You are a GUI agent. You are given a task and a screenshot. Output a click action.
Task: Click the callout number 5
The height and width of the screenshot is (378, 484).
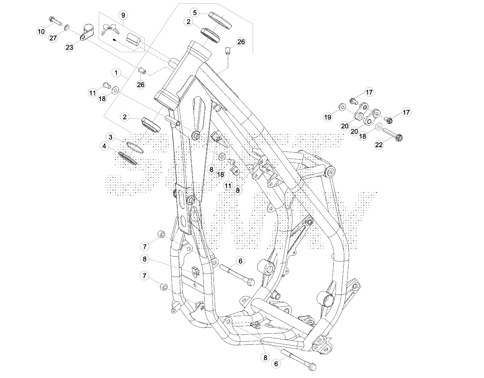tap(195, 13)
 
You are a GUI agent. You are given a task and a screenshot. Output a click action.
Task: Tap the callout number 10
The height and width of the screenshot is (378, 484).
tap(41, 32)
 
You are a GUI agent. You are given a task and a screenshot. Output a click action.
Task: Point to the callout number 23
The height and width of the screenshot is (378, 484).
tap(69, 47)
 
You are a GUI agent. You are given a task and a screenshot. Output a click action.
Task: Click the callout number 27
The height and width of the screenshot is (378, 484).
tap(53, 38)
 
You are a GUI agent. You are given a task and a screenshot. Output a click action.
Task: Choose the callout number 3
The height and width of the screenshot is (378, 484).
tap(110, 137)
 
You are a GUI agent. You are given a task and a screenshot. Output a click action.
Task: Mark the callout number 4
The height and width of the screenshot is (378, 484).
tap(104, 146)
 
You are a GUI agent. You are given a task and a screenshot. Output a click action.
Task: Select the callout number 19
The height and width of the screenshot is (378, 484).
tap(328, 117)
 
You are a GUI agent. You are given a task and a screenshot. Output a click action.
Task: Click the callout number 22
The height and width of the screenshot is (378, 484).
tap(379, 145)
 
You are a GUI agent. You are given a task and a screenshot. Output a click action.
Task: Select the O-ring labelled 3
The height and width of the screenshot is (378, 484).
tap(135, 148)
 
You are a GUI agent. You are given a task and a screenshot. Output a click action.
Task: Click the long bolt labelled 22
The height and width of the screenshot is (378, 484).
tap(393, 134)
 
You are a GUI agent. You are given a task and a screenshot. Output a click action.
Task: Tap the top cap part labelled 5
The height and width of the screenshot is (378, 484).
tap(220, 20)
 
